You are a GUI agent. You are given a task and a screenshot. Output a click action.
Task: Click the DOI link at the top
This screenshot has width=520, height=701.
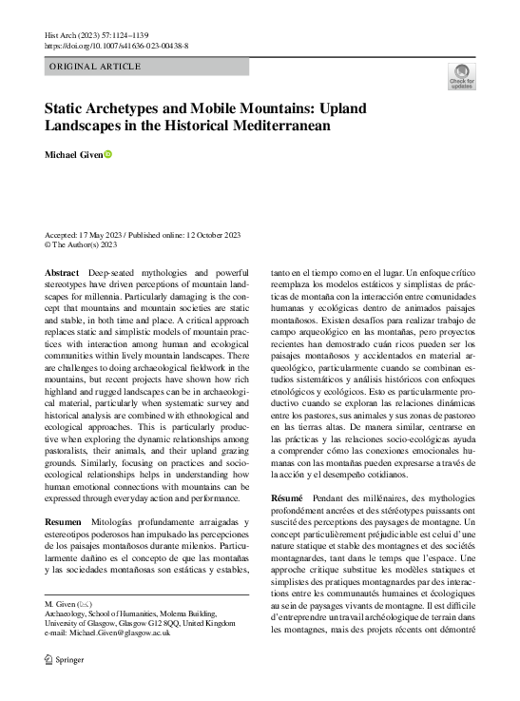(x=116, y=45)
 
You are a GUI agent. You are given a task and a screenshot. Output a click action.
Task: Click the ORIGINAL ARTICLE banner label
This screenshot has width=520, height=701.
(x=94, y=67)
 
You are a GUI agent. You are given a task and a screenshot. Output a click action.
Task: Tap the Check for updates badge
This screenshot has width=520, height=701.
(x=462, y=75)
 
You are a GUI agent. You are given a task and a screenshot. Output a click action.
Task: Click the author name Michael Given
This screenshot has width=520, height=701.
(x=73, y=154)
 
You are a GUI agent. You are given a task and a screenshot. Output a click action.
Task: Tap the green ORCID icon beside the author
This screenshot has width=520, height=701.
(x=108, y=154)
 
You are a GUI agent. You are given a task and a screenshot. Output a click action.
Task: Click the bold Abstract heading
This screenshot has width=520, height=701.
(x=62, y=273)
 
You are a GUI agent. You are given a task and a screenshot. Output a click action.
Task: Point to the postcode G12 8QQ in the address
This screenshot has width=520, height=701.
(x=164, y=623)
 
